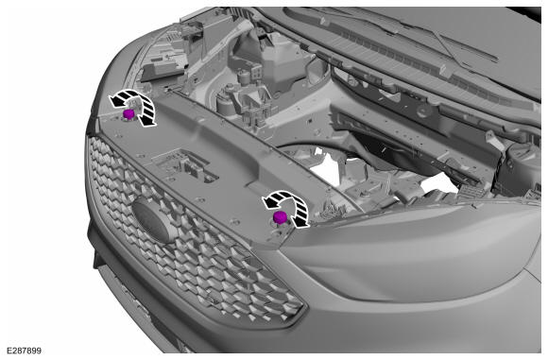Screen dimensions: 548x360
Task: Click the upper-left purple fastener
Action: pos(128,113)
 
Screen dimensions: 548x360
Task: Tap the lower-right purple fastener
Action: pos(280,217)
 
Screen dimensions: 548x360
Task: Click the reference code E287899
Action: pos(24,351)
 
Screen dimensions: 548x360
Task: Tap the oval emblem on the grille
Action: pos(154,219)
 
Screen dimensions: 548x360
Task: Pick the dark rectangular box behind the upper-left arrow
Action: pos(162,70)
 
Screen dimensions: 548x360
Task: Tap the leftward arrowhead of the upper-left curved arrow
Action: pos(116,101)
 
